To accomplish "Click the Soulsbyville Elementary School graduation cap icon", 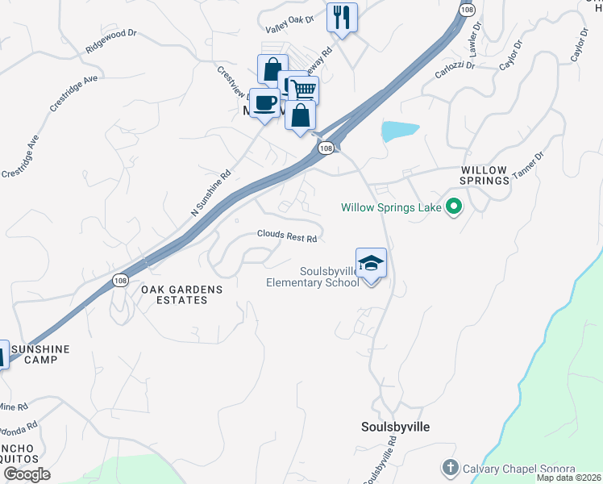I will pos(371,263).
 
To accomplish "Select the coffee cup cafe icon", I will pos(264,102).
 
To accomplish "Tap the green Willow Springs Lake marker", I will pos(453,208).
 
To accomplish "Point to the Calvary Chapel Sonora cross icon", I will pos(449,468).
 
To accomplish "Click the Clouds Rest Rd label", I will pos(286,236).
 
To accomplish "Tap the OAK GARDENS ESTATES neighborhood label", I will pos(174,294).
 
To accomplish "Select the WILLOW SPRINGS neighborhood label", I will pos(484,176).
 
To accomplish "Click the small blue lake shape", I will pos(399,131).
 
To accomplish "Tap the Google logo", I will pos(27,474).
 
